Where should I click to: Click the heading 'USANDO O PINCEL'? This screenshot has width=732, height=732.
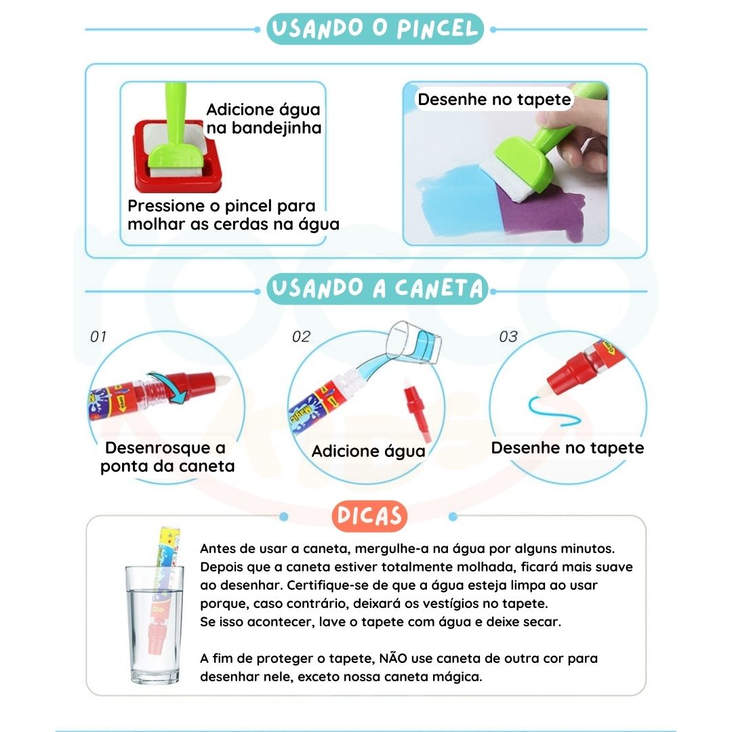[x=375, y=29]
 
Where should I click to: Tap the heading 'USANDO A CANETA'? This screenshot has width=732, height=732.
[x=378, y=289]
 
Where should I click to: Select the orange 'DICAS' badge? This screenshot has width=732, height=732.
[x=369, y=516]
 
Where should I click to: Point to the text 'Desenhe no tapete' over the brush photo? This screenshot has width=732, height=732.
[x=494, y=100]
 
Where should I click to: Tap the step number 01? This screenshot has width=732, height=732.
[x=98, y=337]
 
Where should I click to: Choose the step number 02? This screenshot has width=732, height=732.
[x=301, y=337]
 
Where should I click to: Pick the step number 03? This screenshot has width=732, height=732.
[x=508, y=337]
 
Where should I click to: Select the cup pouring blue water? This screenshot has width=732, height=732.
[x=415, y=342]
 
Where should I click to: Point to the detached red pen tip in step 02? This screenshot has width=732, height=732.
[x=418, y=411]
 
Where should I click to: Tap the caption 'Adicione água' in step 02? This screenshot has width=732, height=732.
[x=368, y=451]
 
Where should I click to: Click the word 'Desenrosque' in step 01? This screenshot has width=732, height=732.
[x=158, y=448]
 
